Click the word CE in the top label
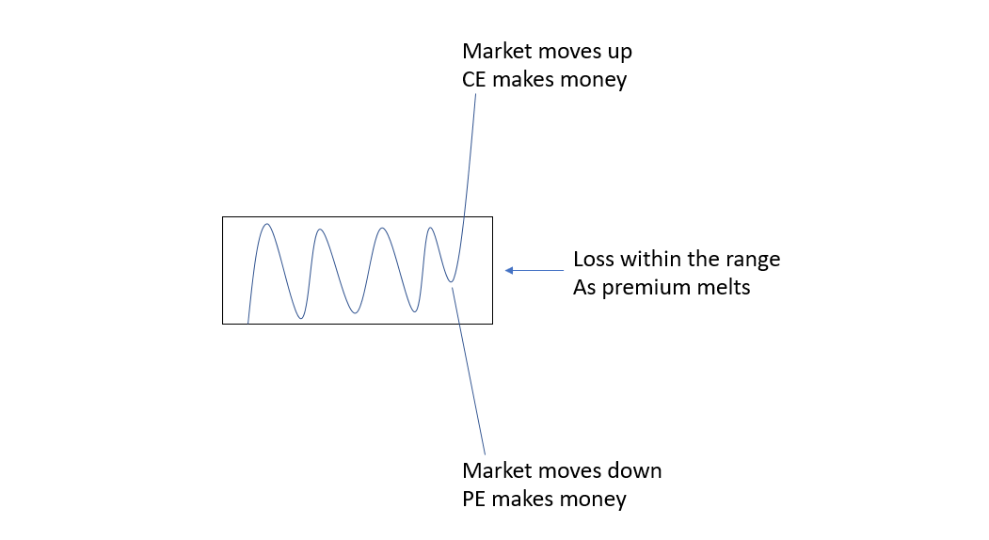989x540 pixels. [474, 80]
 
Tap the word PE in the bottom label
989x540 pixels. [474, 499]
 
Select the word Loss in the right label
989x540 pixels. [594, 259]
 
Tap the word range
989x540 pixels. [754, 259]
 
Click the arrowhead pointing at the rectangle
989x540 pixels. [509, 271]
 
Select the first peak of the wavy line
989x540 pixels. [267, 224]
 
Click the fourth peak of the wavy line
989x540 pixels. [430, 227]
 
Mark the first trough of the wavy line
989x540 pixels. [300, 318]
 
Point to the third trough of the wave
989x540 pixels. [414, 310]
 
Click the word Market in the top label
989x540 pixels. [495, 50]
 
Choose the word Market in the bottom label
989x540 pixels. [495, 469]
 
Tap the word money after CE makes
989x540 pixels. [595, 80]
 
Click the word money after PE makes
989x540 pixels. [595, 499]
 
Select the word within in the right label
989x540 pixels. [647, 259]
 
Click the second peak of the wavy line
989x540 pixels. [320, 229]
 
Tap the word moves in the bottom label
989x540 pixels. [571, 469]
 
